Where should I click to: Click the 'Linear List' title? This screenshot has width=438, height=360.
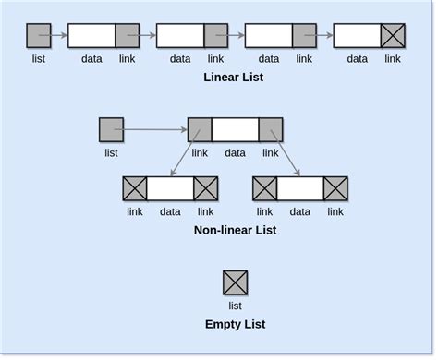pos(233,78)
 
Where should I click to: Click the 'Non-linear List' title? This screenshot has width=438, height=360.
pos(235,230)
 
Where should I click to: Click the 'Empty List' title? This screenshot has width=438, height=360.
pos(235,324)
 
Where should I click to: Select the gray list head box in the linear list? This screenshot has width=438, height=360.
pos(39,36)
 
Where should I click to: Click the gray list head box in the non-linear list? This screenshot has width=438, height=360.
pos(111,129)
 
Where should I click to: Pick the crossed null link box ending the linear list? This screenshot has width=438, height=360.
pos(393,36)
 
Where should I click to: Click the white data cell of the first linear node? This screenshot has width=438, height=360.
pos(91,36)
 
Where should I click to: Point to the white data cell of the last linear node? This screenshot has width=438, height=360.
pos(357,36)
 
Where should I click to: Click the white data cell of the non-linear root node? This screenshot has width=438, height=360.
pos(235,129)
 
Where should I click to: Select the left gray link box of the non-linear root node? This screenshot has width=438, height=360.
pos(200,129)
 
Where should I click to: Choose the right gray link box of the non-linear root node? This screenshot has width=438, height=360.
pos(271,129)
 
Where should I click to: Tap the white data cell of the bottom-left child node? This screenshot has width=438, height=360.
pos(170,189)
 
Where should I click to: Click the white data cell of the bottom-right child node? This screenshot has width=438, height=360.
pos(299,189)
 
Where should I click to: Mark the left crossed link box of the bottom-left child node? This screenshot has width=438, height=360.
pos(135,189)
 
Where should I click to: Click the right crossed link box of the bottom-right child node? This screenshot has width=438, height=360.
pos(335,189)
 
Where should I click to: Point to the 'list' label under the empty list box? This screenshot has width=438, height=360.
pos(235,306)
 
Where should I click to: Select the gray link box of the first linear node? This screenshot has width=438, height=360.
pos(128,36)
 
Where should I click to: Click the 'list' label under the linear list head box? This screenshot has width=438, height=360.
pos(39,59)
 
